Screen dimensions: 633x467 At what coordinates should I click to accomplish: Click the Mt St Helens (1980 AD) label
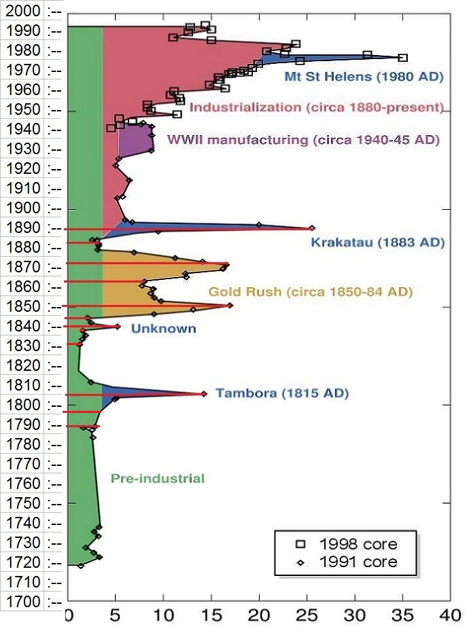[x=364, y=77]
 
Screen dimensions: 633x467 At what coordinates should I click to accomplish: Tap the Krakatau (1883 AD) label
[x=377, y=242]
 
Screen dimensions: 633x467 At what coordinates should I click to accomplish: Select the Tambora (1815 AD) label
[x=281, y=393]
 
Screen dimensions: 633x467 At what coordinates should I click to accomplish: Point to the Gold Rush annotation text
[x=311, y=292]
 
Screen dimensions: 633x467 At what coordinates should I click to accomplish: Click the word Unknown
[x=163, y=329]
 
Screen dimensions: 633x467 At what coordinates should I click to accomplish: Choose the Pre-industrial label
[x=157, y=478]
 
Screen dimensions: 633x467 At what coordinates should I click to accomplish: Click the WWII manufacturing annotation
[x=303, y=140]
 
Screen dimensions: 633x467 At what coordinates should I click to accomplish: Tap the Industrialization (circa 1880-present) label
[x=317, y=107]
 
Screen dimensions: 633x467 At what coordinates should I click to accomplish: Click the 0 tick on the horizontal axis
[x=69, y=615]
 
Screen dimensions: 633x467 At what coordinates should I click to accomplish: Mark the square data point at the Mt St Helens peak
[x=402, y=58]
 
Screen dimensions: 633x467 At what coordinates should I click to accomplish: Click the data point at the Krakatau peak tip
[x=312, y=228]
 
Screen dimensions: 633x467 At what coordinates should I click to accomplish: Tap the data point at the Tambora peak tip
[x=203, y=394]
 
